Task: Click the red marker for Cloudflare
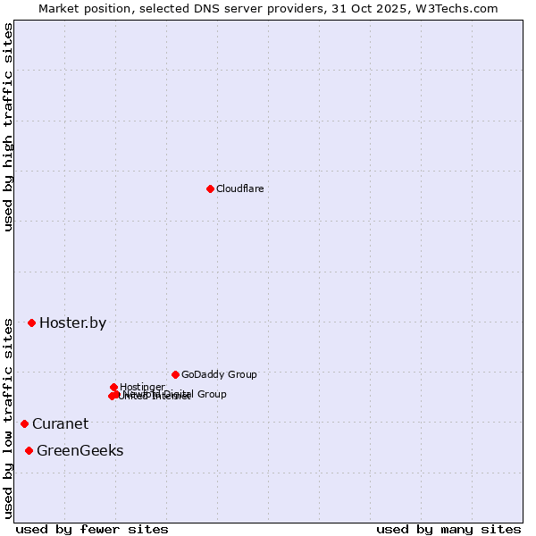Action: [210, 188]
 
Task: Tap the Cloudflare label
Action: [239, 188]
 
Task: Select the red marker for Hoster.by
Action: [31, 322]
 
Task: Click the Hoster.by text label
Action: [72, 323]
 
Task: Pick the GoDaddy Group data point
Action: [175, 374]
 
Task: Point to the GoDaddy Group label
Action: [219, 374]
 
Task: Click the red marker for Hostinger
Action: [113, 387]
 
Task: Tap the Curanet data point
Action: [24, 423]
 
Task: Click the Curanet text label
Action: [60, 424]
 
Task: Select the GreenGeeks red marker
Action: [29, 450]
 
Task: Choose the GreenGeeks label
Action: [80, 451]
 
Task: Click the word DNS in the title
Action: [230, 8]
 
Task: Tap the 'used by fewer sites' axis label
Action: [92, 529]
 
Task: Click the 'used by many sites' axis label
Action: [448, 529]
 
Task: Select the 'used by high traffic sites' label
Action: [8, 128]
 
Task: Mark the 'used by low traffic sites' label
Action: [8, 417]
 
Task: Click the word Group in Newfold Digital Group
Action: [211, 394]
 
